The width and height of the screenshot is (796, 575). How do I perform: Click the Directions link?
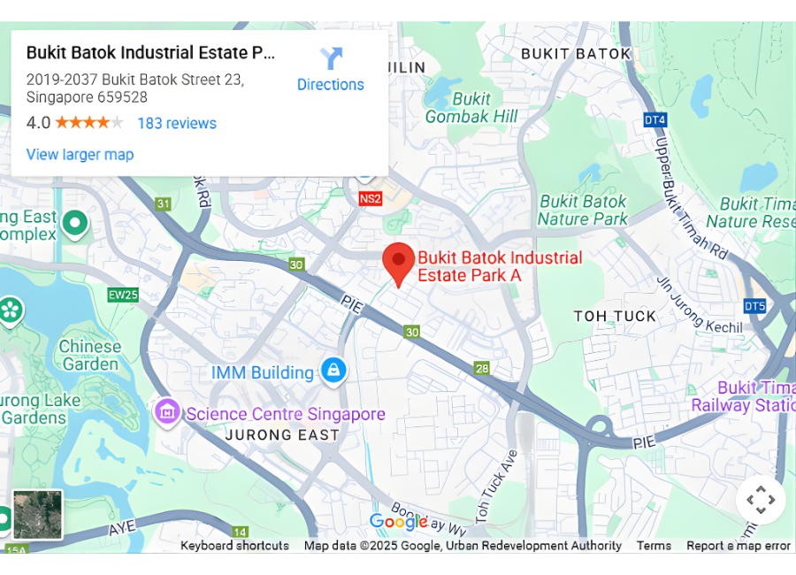330,71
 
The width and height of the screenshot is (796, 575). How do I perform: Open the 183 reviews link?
177,123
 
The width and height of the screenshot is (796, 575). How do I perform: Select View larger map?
80,155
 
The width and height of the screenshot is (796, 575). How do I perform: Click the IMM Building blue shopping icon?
333,370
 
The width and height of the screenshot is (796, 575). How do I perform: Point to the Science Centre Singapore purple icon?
166,411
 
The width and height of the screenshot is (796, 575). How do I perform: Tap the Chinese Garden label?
88,355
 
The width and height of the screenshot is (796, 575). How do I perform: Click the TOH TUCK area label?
615,316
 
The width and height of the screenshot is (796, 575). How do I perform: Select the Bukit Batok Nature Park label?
583,211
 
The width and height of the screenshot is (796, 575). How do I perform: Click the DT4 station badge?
654,119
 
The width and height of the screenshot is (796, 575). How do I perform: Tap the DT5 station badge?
754,306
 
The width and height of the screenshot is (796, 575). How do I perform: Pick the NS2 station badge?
370,199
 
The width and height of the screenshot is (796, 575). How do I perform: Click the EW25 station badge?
123,294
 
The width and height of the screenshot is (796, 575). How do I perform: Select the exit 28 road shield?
481,368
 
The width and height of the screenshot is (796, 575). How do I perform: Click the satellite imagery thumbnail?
38,514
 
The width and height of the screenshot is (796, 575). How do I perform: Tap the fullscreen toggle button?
761,500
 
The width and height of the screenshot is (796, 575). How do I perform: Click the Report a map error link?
739,546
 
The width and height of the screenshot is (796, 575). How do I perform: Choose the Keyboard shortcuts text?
234,546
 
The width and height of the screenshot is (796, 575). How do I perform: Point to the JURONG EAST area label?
282,434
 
